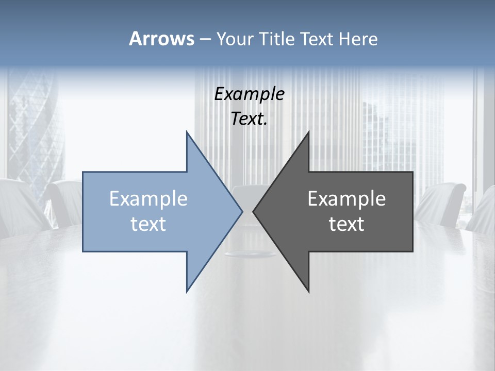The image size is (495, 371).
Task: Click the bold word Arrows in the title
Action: [x=161, y=39]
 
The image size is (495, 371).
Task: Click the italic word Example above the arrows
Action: [x=250, y=94]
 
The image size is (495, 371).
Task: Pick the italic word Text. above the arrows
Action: [x=250, y=119]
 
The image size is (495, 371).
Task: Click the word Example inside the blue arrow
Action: [x=148, y=199]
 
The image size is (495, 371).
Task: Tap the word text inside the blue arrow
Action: [x=148, y=224]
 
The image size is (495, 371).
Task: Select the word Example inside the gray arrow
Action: [x=346, y=199]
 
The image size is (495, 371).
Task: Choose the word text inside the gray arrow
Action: [x=346, y=224]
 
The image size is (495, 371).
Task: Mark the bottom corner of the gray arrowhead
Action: [x=308, y=291]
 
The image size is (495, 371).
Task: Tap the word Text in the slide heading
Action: [x=317, y=39]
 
